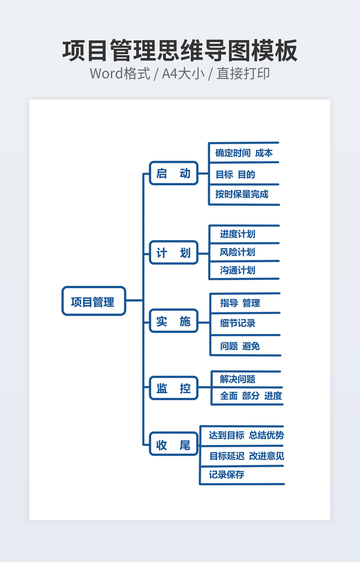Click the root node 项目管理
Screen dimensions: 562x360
(x=93, y=302)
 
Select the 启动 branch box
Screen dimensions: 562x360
(x=174, y=173)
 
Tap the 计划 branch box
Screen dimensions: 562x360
(x=174, y=253)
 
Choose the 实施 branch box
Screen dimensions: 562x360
(x=174, y=321)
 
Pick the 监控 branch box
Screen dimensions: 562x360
(x=174, y=388)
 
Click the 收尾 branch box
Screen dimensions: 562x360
(x=174, y=445)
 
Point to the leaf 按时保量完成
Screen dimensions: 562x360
(x=242, y=194)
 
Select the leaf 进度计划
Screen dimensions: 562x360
(x=238, y=234)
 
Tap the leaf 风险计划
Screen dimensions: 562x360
(x=238, y=252)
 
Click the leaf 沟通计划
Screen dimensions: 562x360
(x=238, y=270)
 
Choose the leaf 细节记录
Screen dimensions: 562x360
(x=238, y=323)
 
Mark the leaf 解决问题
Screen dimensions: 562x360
(x=238, y=379)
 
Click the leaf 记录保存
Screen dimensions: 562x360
(x=226, y=474)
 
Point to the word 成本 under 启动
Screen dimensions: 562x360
(x=264, y=153)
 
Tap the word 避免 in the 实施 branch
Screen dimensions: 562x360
(x=251, y=346)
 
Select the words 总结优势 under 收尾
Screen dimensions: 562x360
(x=266, y=435)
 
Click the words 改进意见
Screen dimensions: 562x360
(x=266, y=456)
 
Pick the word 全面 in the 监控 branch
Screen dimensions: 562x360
(x=228, y=395)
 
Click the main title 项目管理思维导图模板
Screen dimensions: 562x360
(x=180, y=51)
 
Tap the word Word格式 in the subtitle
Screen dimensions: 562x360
(x=120, y=73)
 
